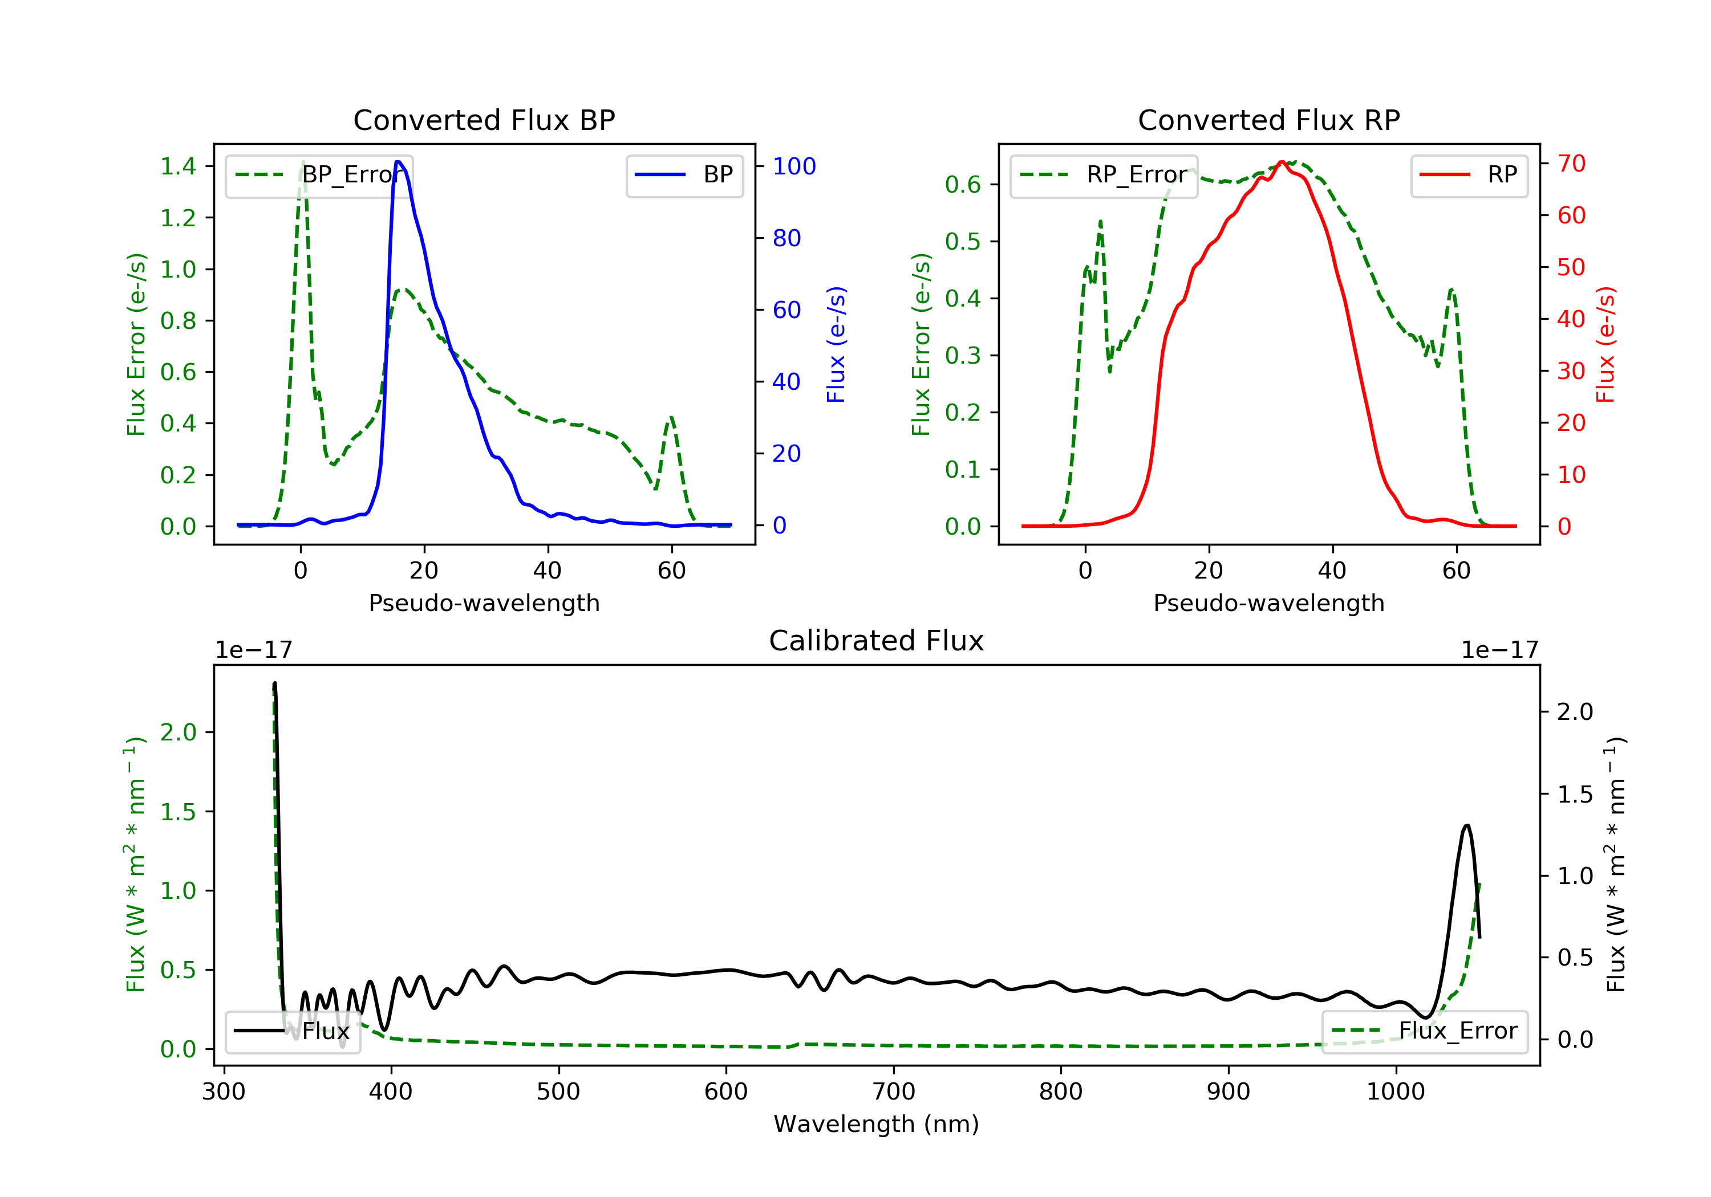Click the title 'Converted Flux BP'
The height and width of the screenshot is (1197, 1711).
click(484, 120)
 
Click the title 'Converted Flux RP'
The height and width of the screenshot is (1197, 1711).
click(1268, 120)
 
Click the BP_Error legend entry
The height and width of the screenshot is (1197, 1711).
click(319, 175)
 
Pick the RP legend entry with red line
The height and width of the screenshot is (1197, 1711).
click(1469, 175)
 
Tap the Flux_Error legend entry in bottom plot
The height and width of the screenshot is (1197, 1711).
click(1424, 1031)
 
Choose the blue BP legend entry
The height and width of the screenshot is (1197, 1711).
click(684, 175)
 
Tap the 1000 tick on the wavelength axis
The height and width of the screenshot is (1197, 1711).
click(1395, 1092)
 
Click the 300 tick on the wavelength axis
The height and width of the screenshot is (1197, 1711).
click(224, 1092)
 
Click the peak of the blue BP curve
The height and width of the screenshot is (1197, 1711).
click(399, 162)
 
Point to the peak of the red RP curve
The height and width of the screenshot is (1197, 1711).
click(1281, 162)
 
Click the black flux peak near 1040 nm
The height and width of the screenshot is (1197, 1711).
click(1466, 825)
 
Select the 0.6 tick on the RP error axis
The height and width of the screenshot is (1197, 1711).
click(963, 184)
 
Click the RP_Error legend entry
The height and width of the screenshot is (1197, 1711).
click(1104, 175)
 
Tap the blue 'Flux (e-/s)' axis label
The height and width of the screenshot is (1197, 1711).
click(836, 344)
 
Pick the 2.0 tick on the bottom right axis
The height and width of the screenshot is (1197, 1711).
click(1575, 712)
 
